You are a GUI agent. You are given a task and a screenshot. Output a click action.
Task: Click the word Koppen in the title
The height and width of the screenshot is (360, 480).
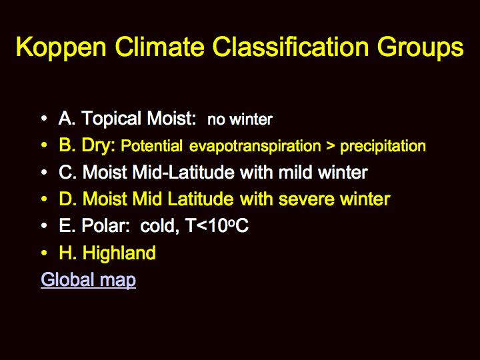pos(61,47)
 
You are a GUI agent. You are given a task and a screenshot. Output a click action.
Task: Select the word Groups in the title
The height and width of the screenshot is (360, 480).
pos(420,47)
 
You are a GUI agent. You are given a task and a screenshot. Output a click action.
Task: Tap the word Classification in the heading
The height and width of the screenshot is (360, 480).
pos(291,46)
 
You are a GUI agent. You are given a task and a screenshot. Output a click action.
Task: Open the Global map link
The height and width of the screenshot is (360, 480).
pos(88,280)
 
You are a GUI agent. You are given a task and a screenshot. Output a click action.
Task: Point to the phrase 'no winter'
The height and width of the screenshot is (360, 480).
pos(240,119)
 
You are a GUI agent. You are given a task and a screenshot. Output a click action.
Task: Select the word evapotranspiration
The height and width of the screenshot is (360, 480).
pos(255,146)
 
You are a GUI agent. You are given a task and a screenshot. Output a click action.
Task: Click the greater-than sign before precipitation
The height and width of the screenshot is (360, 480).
pos(330,146)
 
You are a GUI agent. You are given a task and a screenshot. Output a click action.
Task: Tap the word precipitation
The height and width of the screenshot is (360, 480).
pos(383,146)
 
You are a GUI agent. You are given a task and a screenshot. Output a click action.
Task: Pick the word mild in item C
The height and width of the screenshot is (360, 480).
pos(295,172)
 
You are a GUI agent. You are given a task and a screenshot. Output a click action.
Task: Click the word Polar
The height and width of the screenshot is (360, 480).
pos(105,226)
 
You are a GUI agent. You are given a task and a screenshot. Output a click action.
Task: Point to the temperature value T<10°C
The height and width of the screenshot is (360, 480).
pos(217,226)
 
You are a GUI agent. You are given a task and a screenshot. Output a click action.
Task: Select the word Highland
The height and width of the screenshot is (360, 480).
pos(119,253)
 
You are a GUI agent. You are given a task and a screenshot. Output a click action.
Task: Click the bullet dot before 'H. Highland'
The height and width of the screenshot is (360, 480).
pos(44,253)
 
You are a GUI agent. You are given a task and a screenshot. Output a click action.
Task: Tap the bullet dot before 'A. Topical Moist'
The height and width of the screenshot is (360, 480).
pos(44,119)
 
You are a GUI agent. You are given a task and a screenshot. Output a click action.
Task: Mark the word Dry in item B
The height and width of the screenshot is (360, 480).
pos(98,146)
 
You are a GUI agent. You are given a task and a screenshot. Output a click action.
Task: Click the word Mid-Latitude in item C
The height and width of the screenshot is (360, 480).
pos(183,172)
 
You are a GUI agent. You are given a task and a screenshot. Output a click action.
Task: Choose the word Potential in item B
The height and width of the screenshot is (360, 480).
pos(151,146)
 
